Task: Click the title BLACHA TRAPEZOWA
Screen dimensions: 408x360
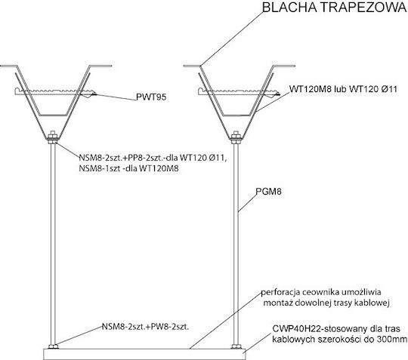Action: (335, 8)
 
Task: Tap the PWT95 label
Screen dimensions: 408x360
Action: (151, 97)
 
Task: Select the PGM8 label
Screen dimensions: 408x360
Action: (269, 192)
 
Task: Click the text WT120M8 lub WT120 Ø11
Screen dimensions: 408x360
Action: (344, 89)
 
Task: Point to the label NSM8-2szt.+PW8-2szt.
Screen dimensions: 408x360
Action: (145, 327)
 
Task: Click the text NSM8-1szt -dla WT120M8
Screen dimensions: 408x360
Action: (128, 168)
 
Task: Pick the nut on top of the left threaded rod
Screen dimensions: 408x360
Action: (53, 135)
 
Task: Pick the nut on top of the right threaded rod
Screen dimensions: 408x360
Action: (236, 135)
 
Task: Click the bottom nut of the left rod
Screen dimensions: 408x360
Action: (53, 346)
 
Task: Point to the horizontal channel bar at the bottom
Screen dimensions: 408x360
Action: (144, 354)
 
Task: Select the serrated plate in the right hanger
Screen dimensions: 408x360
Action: (239, 91)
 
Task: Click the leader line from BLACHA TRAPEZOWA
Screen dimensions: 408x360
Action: (232, 38)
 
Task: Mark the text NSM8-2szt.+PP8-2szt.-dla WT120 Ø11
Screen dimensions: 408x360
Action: (153, 158)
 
